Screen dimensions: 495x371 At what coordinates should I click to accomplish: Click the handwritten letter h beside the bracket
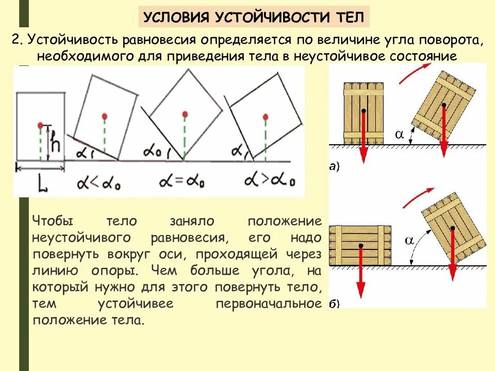[x=56, y=142]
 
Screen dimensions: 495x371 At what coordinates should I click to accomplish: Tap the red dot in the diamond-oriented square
[x=184, y=113]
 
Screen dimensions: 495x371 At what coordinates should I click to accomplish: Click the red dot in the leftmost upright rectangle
[x=40, y=125]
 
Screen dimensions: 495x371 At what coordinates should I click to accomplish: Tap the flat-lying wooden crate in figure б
[x=361, y=245]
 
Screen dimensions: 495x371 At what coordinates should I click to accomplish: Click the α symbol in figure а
[x=399, y=134]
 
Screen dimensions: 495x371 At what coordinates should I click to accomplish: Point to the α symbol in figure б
[x=409, y=240]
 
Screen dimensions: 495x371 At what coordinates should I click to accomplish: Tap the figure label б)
[x=334, y=303]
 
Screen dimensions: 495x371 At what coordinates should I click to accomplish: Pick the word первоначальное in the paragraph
[x=269, y=303]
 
